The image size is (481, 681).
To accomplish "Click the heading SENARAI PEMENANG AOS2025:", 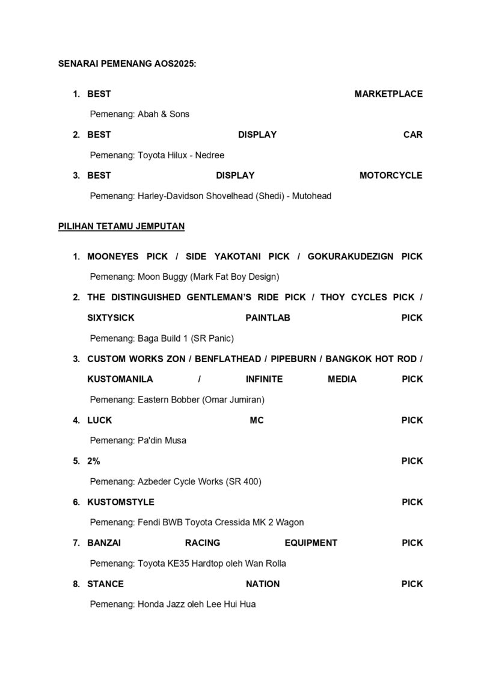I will (127, 63).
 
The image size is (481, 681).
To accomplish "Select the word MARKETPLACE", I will (388, 94).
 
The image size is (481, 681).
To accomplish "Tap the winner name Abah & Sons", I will (164, 114).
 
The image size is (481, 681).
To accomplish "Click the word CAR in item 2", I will (413, 135).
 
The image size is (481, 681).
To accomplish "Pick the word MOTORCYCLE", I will (391, 176).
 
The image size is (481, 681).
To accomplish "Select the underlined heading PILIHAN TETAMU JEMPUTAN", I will (121, 227).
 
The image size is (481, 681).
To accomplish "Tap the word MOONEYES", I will (112, 257).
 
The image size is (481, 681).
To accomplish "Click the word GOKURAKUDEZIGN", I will (351, 257).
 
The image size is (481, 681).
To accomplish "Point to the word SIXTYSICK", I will (108, 318).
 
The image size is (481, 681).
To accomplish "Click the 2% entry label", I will (94, 461).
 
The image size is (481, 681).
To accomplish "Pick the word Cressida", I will (225, 523).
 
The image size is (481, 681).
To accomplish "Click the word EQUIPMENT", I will (311, 543).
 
